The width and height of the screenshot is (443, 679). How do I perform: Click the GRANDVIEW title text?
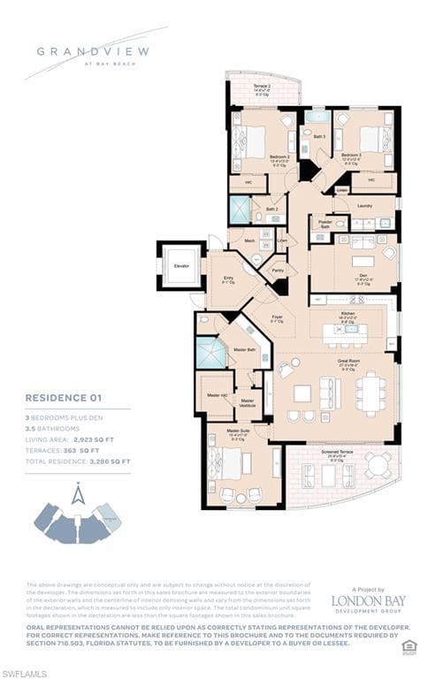pyautogui.click(x=90, y=51)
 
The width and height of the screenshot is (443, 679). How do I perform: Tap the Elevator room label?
pyautogui.click(x=180, y=264)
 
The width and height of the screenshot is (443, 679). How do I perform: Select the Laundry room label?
pyautogui.click(x=363, y=205)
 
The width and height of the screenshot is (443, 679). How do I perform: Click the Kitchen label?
pyautogui.click(x=348, y=313)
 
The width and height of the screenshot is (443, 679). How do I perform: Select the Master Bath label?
pyautogui.click(x=244, y=350)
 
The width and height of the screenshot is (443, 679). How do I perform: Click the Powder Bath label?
pyautogui.click(x=325, y=225)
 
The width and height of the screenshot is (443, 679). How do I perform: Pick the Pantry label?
pyautogui.click(x=278, y=270)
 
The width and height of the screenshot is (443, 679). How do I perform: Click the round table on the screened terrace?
pyautogui.click(x=379, y=464)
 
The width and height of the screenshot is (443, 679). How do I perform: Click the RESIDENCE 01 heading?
pyautogui.click(x=68, y=398)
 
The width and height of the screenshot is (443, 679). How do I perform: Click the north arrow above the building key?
pyautogui.click(x=79, y=494)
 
